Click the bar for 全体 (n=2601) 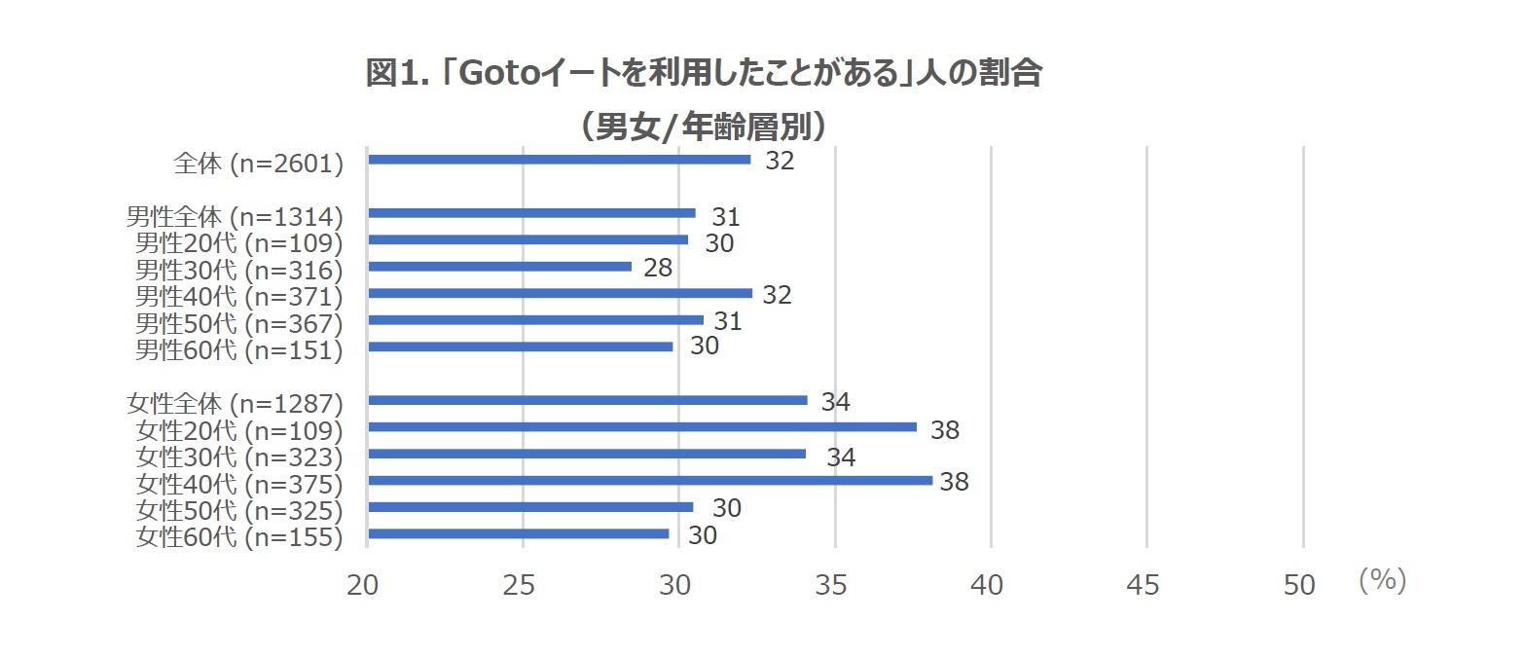tap(560, 160)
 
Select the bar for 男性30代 tap(500, 267)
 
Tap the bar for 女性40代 tap(650, 481)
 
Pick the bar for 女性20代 tap(642, 427)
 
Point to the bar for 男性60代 tap(521, 347)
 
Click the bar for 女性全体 tap(588, 400)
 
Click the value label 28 tap(658, 268)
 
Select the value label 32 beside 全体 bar tap(780, 162)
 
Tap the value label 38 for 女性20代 tap(945, 430)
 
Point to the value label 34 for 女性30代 tap(841, 457)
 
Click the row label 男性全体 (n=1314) tap(235, 216)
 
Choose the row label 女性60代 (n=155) tap(239, 536)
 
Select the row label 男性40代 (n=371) tap(239, 296)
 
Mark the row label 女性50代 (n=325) tap(239, 510)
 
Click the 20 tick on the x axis tap(367, 585)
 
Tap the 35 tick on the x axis tap(834, 585)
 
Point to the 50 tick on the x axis tap(1300, 585)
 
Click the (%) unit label tap(1382, 581)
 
